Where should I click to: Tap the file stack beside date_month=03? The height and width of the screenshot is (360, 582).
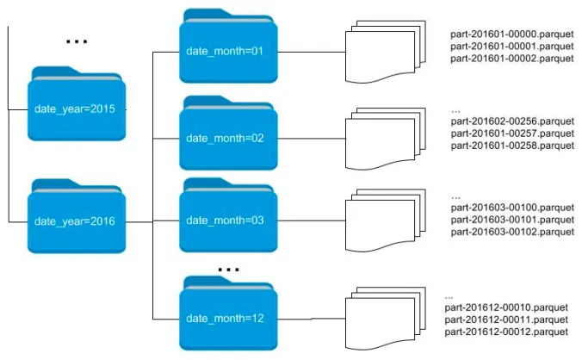point(385,221)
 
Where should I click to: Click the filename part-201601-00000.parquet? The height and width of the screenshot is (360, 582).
point(511,34)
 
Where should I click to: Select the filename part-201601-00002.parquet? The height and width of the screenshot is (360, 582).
point(511,59)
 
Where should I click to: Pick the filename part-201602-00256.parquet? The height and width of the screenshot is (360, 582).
point(511,121)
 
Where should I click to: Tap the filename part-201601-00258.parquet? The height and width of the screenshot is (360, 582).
point(511,146)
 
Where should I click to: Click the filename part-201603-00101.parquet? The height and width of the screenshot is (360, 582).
point(511,220)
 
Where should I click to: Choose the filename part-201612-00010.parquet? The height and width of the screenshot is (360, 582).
point(506,307)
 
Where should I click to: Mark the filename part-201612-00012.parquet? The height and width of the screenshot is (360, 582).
point(506,332)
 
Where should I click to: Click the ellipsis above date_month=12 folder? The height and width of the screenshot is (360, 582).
point(228,269)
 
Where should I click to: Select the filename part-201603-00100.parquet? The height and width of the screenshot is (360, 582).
point(511,208)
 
